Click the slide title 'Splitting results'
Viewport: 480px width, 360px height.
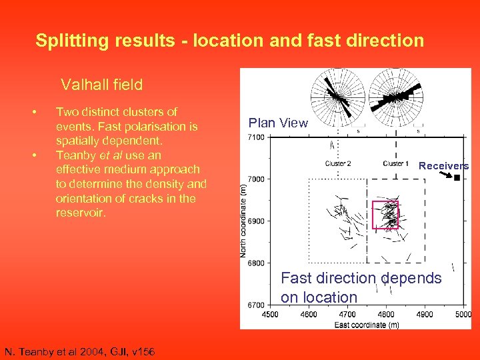(x=229, y=41)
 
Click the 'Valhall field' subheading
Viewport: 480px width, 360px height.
(x=101, y=85)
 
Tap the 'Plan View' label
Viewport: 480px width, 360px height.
(x=278, y=123)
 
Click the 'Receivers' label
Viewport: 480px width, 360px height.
(x=443, y=166)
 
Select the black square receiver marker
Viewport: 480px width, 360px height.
(x=457, y=178)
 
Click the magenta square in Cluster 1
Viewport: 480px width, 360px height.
(x=385, y=215)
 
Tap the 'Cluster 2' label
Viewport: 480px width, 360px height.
(x=338, y=163)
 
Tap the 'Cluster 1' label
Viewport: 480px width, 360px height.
(x=396, y=163)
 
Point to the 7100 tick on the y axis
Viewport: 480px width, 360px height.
(x=256, y=137)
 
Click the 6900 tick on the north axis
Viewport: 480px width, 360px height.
(x=256, y=221)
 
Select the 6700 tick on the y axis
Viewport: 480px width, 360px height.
(x=256, y=305)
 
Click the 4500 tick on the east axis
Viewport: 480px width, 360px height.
(x=270, y=314)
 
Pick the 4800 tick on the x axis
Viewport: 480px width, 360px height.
(x=386, y=314)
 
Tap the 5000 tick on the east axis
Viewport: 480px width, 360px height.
(x=463, y=314)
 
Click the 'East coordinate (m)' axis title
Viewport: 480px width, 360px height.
(x=366, y=324)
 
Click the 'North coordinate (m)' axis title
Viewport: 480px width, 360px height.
(x=245, y=221)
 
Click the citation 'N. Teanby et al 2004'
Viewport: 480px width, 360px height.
(x=79, y=351)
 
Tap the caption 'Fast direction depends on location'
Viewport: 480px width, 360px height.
(x=361, y=287)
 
